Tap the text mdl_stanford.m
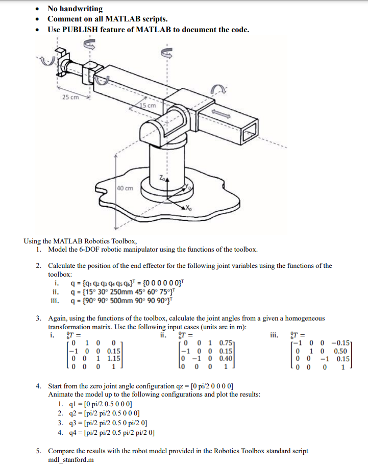[70, 459]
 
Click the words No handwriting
[75, 9]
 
